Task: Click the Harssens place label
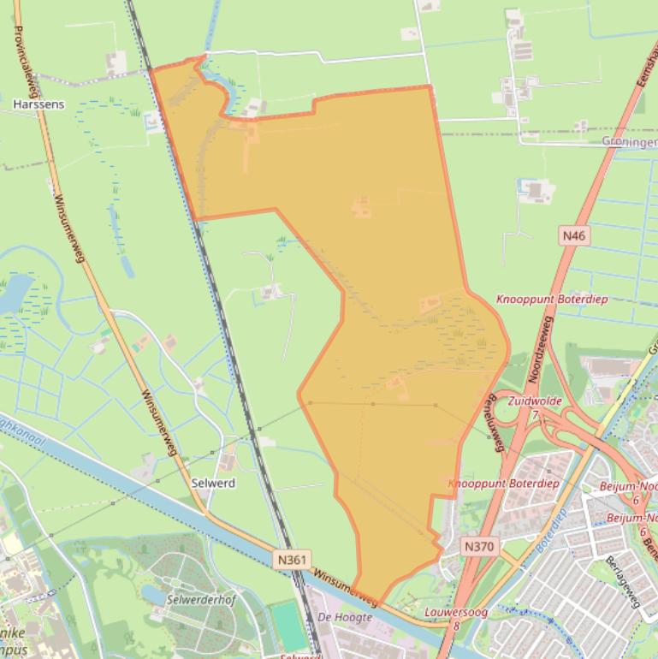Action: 39,104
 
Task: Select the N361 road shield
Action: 291,559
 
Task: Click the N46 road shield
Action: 573,235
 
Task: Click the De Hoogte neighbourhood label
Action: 345,617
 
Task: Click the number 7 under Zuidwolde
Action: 535,414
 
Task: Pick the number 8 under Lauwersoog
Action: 457,626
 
